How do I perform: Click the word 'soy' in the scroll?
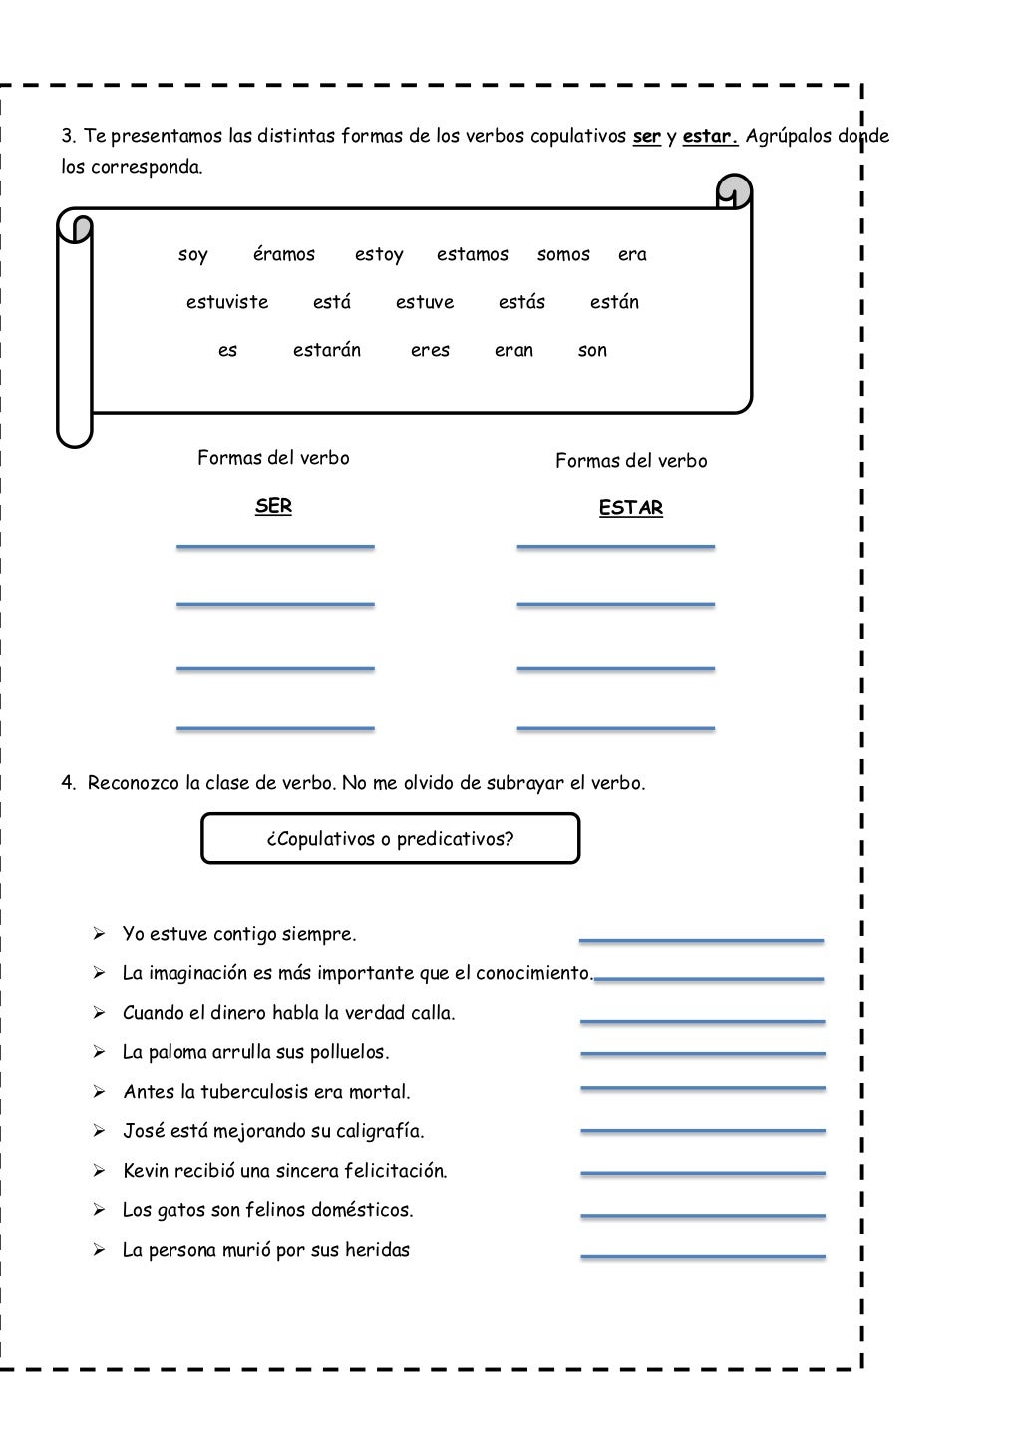coord(193,255)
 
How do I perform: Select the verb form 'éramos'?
coord(284,255)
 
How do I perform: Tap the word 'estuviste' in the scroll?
coord(227,303)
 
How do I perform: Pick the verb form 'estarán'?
coord(327,351)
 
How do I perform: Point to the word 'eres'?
coord(430,351)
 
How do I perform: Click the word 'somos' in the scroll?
coord(563,255)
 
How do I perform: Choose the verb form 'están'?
coord(614,303)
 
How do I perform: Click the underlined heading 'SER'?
coord(273,506)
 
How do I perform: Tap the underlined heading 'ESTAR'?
coord(631,508)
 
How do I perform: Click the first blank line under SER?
coord(275,546)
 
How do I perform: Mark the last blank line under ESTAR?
coord(616,729)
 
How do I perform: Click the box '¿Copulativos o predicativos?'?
coord(390,838)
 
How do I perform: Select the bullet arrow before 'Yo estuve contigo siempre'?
coord(100,934)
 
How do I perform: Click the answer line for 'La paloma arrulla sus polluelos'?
coord(703,1054)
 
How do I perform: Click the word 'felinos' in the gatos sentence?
coord(300,1210)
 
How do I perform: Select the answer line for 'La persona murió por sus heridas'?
coord(703,1256)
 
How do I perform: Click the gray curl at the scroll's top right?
coord(735,190)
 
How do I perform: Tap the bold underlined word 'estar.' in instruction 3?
coord(710,136)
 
